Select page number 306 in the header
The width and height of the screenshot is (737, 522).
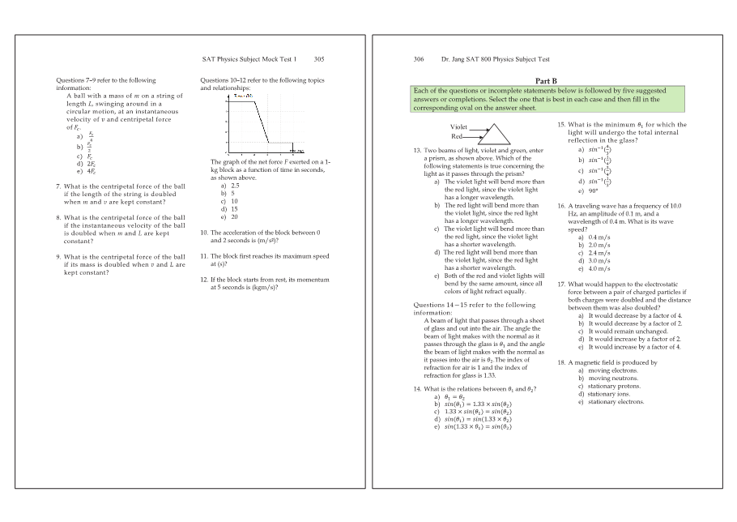(419, 59)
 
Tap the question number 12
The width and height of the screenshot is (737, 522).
(204, 279)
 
